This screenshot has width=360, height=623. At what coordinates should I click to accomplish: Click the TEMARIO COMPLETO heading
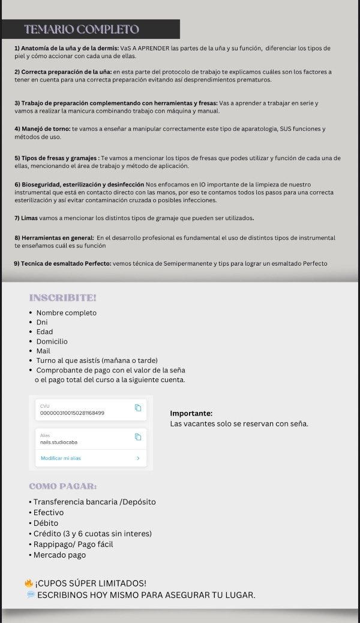point(82,29)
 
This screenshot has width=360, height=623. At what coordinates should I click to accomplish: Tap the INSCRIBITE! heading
point(62,297)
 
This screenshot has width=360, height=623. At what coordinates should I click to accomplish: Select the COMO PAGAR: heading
point(62,486)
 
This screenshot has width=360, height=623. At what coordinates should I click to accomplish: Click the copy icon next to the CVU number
point(137,408)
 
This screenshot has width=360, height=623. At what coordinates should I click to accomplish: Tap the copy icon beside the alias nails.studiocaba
point(137,437)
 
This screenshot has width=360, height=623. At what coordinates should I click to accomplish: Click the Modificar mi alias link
point(61,458)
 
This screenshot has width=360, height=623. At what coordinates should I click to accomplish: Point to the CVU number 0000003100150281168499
point(72,413)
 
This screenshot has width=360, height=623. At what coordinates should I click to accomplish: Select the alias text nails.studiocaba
point(59,442)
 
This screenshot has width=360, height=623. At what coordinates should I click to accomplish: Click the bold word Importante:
point(191,413)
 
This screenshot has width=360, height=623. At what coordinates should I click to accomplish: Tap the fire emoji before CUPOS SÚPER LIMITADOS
point(28,583)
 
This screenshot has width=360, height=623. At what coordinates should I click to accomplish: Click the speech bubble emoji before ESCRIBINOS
point(30,594)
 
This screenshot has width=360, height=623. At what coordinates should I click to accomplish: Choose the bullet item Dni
point(42,322)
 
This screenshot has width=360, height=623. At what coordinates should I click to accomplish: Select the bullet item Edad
point(44,332)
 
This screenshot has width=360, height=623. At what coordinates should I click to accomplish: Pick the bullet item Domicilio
point(52,341)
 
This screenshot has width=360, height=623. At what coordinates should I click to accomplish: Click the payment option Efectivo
point(49,513)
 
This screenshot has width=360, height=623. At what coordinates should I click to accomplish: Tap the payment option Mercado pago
point(59,555)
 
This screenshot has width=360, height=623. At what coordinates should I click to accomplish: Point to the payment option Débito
point(46,523)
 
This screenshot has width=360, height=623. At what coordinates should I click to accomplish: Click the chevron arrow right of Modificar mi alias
point(138,458)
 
